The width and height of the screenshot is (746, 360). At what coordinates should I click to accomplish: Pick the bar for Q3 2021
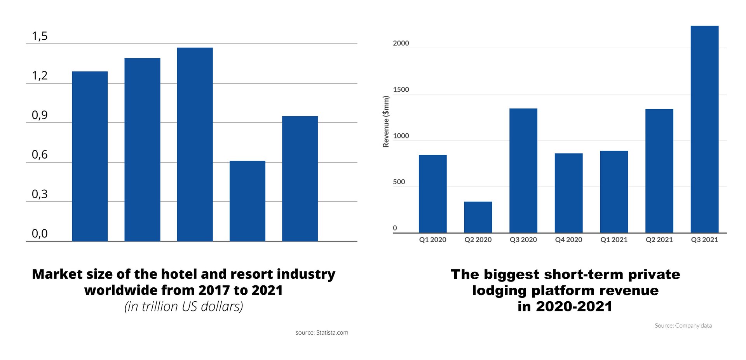704,129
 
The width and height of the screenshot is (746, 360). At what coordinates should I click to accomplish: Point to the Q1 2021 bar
614,192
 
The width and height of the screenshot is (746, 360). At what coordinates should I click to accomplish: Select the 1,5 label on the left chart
40,36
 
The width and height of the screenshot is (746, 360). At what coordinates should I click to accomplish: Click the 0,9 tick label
40,115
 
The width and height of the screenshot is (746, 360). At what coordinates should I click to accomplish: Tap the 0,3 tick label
40,194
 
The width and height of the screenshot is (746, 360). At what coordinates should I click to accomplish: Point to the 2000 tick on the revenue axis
401,43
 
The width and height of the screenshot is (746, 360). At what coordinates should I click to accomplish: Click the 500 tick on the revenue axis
399,182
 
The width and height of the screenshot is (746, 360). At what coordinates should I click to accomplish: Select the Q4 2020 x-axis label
568,240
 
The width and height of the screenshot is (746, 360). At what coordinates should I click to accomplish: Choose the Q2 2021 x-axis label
659,240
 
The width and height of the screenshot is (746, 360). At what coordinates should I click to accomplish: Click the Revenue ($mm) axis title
386,122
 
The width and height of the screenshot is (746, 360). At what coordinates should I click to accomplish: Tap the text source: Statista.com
322,333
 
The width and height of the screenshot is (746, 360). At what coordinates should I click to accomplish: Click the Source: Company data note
683,326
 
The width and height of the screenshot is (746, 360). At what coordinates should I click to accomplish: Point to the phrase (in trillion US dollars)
184,306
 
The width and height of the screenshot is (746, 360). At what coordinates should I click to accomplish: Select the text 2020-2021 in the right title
574,306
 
